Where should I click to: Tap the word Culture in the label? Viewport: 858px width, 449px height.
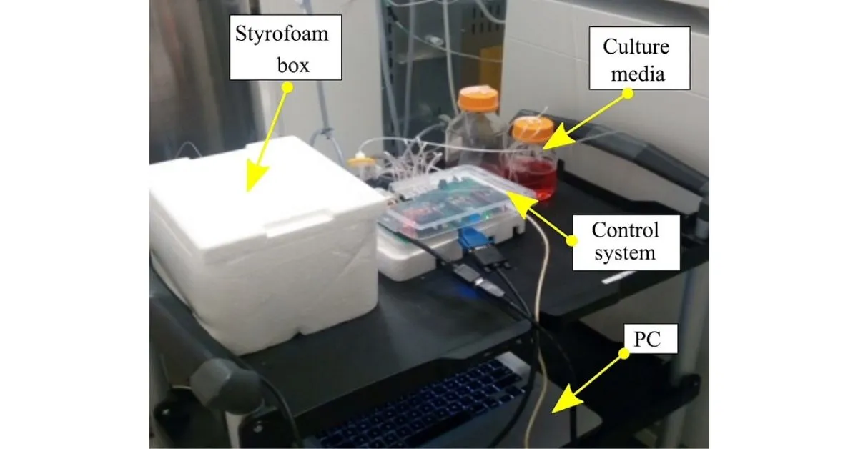pyautogui.click(x=636, y=48)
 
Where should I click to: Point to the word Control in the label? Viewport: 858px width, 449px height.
pyautogui.click(x=625, y=230)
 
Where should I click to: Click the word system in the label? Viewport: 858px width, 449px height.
pyautogui.click(x=625, y=252)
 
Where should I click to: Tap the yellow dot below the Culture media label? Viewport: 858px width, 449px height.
pyautogui.click(x=627, y=92)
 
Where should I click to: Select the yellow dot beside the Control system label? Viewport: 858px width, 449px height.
pyautogui.click(x=571, y=241)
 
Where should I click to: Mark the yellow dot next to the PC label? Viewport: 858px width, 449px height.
pyautogui.click(x=623, y=353)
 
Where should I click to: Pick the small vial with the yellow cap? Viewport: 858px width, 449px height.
pyautogui.click(x=363, y=167)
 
